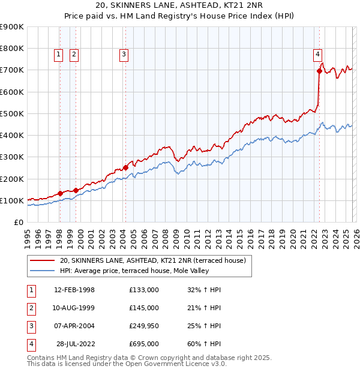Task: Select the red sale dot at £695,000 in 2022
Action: [319, 71]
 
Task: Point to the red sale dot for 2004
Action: [125, 167]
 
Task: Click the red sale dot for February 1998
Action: [60, 193]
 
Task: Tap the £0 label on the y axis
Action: [18, 223]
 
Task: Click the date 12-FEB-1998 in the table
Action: [74, 290]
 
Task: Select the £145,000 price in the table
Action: [143, 308]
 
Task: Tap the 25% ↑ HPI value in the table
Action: [204, 326]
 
